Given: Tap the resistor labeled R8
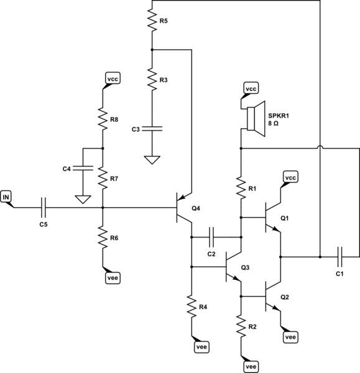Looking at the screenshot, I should click(103, 118).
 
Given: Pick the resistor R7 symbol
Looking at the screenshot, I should click(103, 178).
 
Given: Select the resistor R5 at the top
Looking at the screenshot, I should click(152, 21).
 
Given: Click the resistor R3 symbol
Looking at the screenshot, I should click(152, 80).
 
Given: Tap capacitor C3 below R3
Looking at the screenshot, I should click(152, 129).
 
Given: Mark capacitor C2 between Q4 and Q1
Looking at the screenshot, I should click(213, 237).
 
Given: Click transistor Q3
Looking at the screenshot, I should click(233, 267).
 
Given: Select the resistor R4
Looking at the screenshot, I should click(191, 306).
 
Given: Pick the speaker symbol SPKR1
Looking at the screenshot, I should click(252, 118).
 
